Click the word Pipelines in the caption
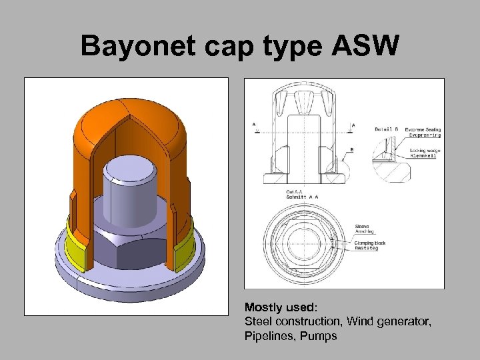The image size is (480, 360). point(267,337)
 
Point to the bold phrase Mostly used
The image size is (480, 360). point(281,307)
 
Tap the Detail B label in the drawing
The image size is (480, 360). point(387,129)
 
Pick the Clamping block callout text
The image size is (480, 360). point(371,243)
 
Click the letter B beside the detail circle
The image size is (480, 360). point(351,149)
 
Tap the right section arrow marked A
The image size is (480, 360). point(353,124)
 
